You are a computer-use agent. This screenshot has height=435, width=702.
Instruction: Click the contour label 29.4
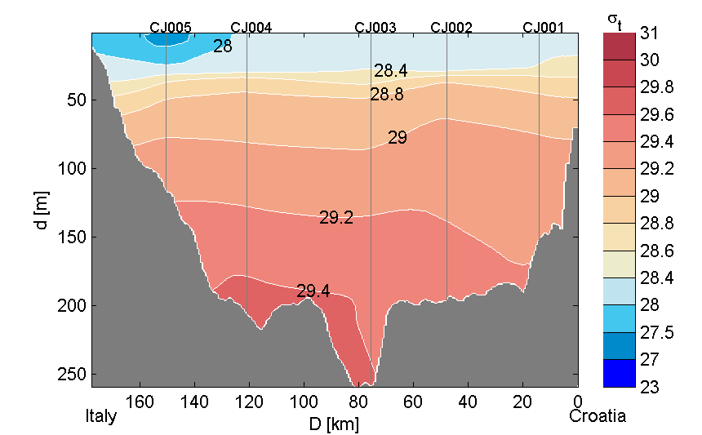pyautogui.click(x=313, y=291)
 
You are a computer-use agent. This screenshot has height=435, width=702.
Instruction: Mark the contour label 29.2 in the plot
pyautogui.click(x=335, y=218)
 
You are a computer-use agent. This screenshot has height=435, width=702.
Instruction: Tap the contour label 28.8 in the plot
pyautogui.click(x=386, y=95)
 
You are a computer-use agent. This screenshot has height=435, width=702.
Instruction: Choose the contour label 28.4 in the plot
pyautogui.click(x=390, y=72)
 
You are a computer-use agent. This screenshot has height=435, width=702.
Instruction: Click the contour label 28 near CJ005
pyautogui.click(x=222, y=47)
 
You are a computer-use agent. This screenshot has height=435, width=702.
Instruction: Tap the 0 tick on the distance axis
pyautogui.click(x=577, y=402)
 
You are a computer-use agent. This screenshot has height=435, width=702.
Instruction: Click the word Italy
pyautogui.click(x=101, y=416)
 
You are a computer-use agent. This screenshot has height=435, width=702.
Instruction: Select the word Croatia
pyautogui.click(x=598, y=416)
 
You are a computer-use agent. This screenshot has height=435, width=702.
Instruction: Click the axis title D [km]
pyautogui.click(x=335, y=424)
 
